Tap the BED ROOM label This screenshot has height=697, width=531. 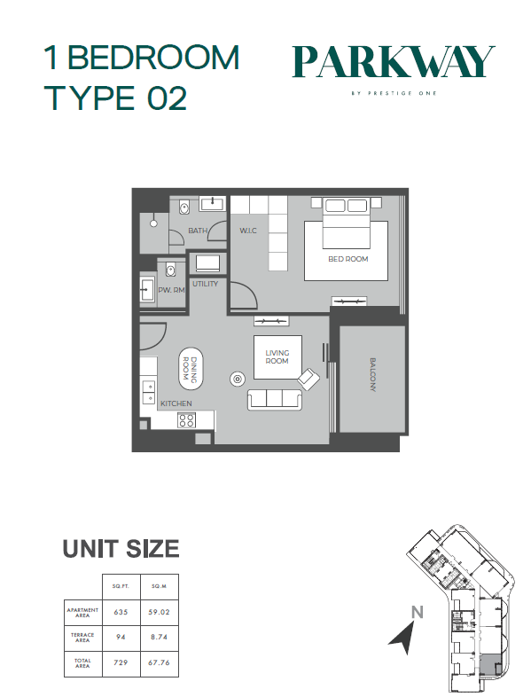[x=347, y=259]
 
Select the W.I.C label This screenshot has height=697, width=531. [x=248, y=231]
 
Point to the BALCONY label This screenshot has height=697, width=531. [x=373, y=375]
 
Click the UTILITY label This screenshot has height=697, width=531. [x=206, y=284]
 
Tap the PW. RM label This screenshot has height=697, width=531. [x=171, y=290]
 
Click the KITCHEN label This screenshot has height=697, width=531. [x=176, y=403]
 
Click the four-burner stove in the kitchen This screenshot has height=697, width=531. [x=187, y=420]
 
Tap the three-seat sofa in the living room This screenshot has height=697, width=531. [x=275, y=399]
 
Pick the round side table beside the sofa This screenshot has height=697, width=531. [x=238, y=379]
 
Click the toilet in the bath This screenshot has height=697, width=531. [x=184, y=207]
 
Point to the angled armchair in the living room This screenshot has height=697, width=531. [x=308, y=380]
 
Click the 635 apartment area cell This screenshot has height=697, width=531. [x=121, y=612]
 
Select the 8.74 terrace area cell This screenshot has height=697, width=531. [x=159, y=637]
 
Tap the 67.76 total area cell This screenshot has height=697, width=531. [x=159, y=662]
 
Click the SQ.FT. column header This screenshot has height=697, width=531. [x=121, y=586]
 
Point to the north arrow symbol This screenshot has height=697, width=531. [x=403, y=638]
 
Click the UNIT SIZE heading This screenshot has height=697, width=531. [x=121, y=549]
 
